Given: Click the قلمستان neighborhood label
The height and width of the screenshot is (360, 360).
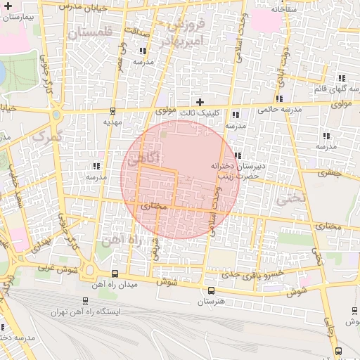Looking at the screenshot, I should coord(89,32).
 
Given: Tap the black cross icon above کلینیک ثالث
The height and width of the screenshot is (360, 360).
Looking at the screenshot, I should coord(200,102).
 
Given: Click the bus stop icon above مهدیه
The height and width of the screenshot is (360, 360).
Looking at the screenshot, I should coord(113,111).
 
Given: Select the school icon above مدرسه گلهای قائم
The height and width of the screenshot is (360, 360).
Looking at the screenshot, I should coord(342,78).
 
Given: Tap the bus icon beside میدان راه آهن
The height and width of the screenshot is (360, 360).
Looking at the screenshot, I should coord(115,274).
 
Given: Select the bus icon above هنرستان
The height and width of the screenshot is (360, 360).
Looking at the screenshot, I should coord(211,290).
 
